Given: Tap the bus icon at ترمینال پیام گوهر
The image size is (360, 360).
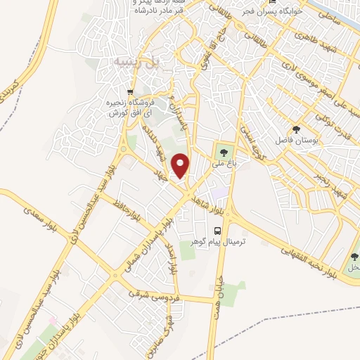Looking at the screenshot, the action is tap(217, 231).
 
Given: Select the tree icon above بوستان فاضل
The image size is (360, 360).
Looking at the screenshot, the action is tap(296, 129).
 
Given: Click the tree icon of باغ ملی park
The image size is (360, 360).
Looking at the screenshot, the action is tap(224, 151).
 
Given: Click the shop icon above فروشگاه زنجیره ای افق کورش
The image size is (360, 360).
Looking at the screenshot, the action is tap(130, 92).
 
